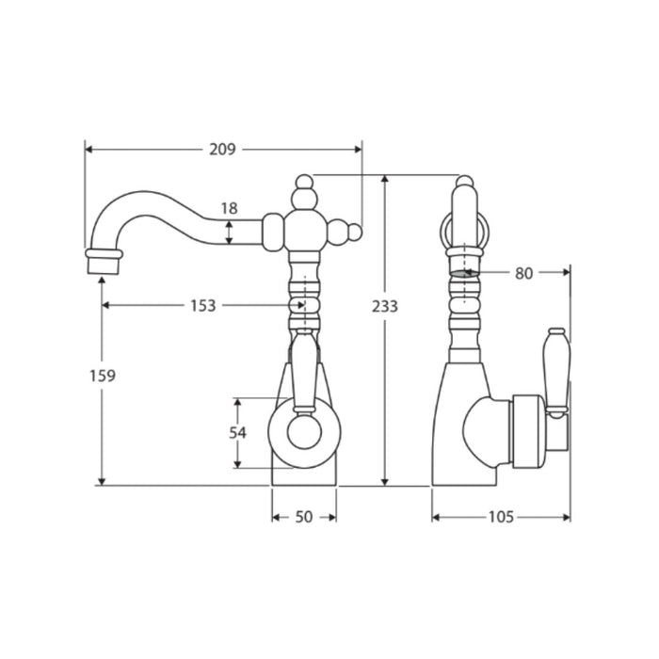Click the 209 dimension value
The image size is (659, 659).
coord(223,149)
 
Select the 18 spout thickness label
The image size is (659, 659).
coord(230,208)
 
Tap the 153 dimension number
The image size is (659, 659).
coord(203,306)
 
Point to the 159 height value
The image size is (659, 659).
coord(103,376)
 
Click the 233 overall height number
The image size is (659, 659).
coord(384,306)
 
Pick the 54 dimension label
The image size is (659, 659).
coord(237,432)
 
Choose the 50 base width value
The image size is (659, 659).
coord(304,517)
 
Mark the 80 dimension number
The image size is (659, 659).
coord(524,274)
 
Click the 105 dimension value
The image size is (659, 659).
coord(501,517)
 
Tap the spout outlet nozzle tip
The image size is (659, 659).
coord(104,265)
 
